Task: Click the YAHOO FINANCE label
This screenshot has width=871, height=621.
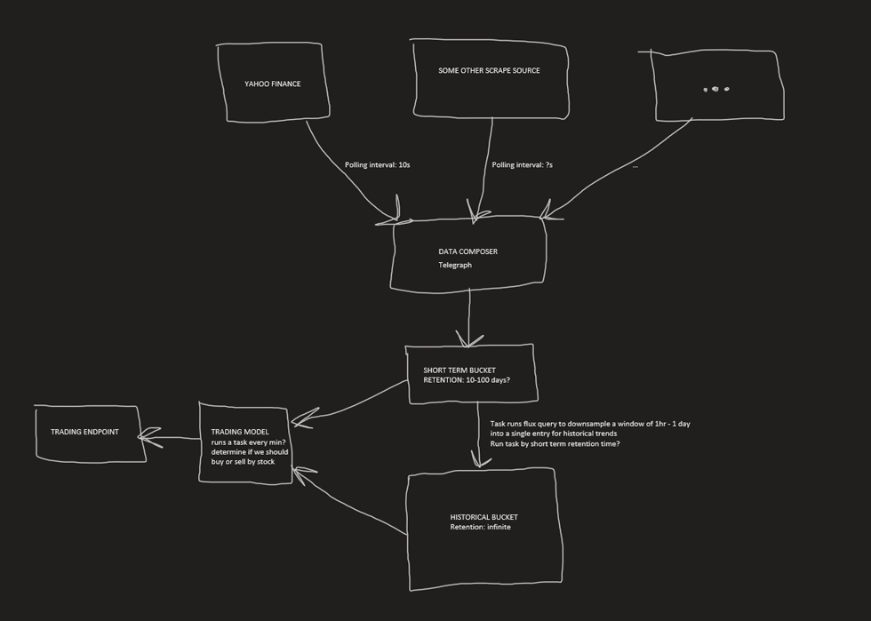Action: (272, 84)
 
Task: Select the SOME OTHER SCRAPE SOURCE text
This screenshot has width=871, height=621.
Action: (489, 71)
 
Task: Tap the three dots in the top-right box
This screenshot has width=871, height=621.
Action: (715, 89)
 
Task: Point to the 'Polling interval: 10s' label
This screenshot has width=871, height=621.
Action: (377, 165)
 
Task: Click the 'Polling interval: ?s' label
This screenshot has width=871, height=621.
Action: (522, 165)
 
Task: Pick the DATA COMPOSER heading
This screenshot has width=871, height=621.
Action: (467, 251)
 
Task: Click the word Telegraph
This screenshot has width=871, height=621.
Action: (454, 265)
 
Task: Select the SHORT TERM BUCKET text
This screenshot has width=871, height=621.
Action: (459, 370)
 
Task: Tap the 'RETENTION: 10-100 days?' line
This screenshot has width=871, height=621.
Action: (467, 380)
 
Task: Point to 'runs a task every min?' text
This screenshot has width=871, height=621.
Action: (248, 442)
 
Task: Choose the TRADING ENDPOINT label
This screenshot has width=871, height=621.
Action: (84, 432)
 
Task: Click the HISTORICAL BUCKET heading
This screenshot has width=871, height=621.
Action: (483, 517)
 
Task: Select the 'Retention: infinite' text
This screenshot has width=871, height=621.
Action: (480, 528)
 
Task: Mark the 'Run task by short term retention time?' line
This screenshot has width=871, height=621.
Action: (555, 443)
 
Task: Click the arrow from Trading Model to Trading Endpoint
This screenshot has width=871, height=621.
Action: (172, 437)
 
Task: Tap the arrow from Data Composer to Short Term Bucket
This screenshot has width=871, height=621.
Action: (469, 315)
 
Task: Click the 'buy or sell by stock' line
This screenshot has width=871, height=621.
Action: (243, 462)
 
